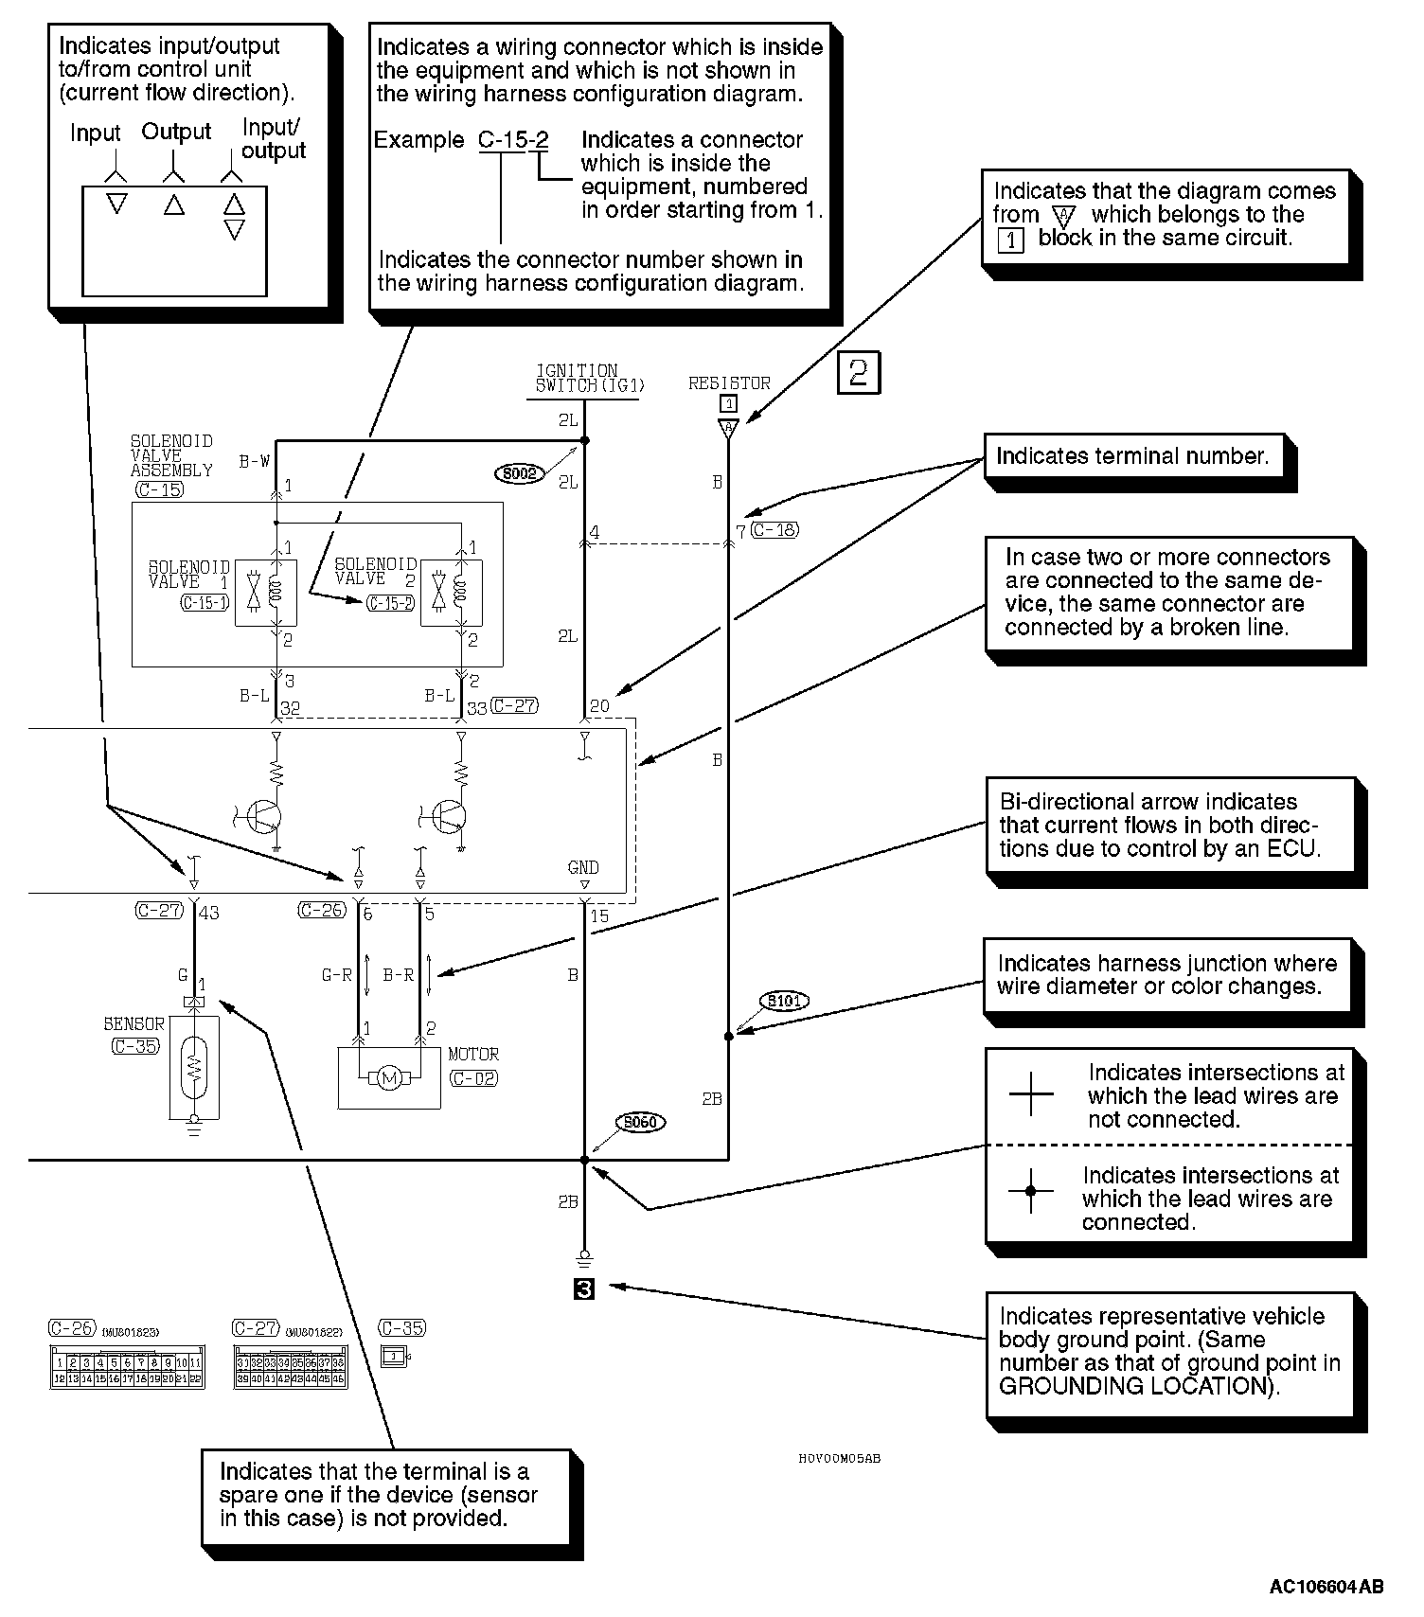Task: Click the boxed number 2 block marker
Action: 859,372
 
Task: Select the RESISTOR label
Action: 729,383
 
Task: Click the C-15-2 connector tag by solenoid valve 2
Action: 390,602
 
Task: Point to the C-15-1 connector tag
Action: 205,602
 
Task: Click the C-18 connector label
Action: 774,530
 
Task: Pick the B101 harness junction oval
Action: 784,1001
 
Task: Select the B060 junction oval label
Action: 641,1123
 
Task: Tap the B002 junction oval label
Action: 520,473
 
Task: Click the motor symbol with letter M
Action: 388,1077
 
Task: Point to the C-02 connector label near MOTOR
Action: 473,1078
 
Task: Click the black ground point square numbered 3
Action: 584,1288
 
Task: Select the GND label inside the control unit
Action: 583,867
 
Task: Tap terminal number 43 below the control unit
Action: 209,913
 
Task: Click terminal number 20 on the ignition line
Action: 599,706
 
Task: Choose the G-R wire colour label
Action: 337,974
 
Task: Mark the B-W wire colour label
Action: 254,462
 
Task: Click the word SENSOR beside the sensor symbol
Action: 134,1024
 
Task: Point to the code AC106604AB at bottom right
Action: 1326,1587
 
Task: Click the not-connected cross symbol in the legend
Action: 1031,1095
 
